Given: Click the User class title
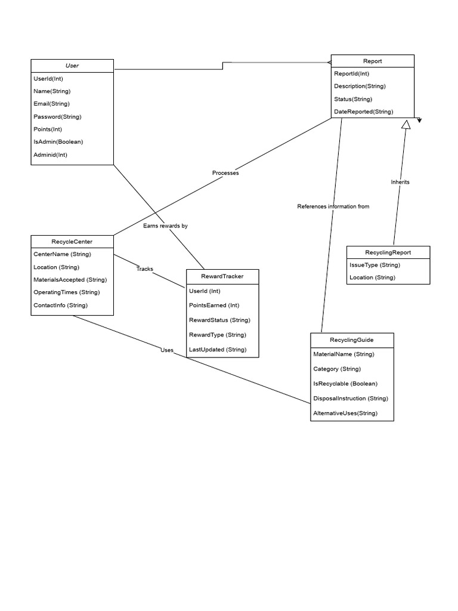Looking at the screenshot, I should click(x=72, y=66).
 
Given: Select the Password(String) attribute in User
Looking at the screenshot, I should click(x=57, y=116).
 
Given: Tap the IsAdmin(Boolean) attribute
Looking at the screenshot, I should click(x=58, y=141).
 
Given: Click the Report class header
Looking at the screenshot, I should click(x=372, y=61).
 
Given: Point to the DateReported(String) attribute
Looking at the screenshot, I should click(x=363, y=112).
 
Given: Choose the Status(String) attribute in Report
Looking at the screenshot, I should click(x=352, y=99).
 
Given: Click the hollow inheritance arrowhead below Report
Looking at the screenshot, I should click(x=406, y=124).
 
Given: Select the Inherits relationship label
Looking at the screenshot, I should click(x=400, y=182).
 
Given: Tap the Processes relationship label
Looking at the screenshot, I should click(x=225, y=173).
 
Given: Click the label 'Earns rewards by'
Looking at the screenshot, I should click(x=165, y=226).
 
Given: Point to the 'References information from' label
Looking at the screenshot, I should click(x=333, y=206).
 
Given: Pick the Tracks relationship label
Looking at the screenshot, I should click(x=144, y=269).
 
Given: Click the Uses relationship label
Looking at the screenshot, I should click(x=166, y=350).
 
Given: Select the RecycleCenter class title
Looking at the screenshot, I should click(x=72, y=242).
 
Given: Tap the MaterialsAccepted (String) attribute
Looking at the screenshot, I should click(x=70, y=279).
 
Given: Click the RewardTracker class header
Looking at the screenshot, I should click(x=222, y=276).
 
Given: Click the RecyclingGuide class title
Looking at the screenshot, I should click(x=352, y=340).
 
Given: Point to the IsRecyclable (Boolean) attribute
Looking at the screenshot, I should click(x=345, y=384).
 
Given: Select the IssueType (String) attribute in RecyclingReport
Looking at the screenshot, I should click(x=375, y=265).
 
